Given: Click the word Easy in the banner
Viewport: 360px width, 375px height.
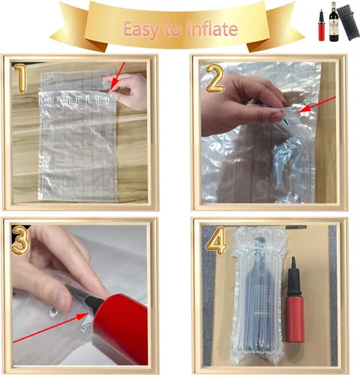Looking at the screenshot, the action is pos(141,30).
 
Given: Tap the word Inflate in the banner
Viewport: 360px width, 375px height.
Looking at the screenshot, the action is pos(212,29).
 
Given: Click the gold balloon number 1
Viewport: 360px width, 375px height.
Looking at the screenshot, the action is pos(19,78).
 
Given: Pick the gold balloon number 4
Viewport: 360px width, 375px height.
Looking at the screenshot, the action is pos(217,241).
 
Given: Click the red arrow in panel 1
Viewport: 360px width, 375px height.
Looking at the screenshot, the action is pos(118,76).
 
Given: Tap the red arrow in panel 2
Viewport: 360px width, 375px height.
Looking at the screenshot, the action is pos(317,104).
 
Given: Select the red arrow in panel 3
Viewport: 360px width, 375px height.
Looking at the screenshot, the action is pos(51,328).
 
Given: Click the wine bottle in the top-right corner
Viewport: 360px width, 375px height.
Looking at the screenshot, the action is pos(334,22).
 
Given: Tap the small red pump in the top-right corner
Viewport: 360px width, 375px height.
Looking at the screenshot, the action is pos(322,25).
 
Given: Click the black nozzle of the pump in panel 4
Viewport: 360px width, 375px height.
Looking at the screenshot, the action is pos(293,276).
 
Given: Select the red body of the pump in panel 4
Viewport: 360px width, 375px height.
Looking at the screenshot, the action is pos(295,318).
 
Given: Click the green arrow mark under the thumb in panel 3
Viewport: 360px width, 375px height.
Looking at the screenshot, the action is pos(53,311).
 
